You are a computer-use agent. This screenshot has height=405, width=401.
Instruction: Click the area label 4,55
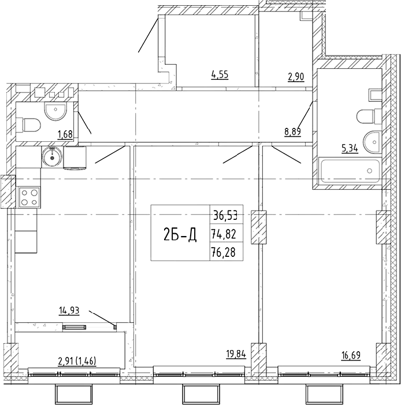coord(220,75)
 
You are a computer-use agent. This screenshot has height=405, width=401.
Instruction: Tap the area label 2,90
coord(296,77)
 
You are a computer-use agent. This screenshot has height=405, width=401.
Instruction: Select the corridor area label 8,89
coord(293,131)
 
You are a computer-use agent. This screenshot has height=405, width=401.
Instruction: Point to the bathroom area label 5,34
coord(350,149)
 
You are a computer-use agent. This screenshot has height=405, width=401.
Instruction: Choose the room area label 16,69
coord(351,355)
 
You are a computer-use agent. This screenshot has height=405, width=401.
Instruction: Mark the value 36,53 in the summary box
coord(225,215)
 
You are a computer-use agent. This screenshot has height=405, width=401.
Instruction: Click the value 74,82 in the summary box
coord(224,234)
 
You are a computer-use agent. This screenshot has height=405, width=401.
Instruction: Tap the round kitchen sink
coord(53,157)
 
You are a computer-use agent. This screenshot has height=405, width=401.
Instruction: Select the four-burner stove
coord(29,198)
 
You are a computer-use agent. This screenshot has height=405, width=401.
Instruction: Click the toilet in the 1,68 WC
coord(29,126)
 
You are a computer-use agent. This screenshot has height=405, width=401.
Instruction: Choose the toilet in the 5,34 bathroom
coord(369,116)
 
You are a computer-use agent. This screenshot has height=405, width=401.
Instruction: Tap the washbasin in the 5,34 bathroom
coord(372,142)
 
